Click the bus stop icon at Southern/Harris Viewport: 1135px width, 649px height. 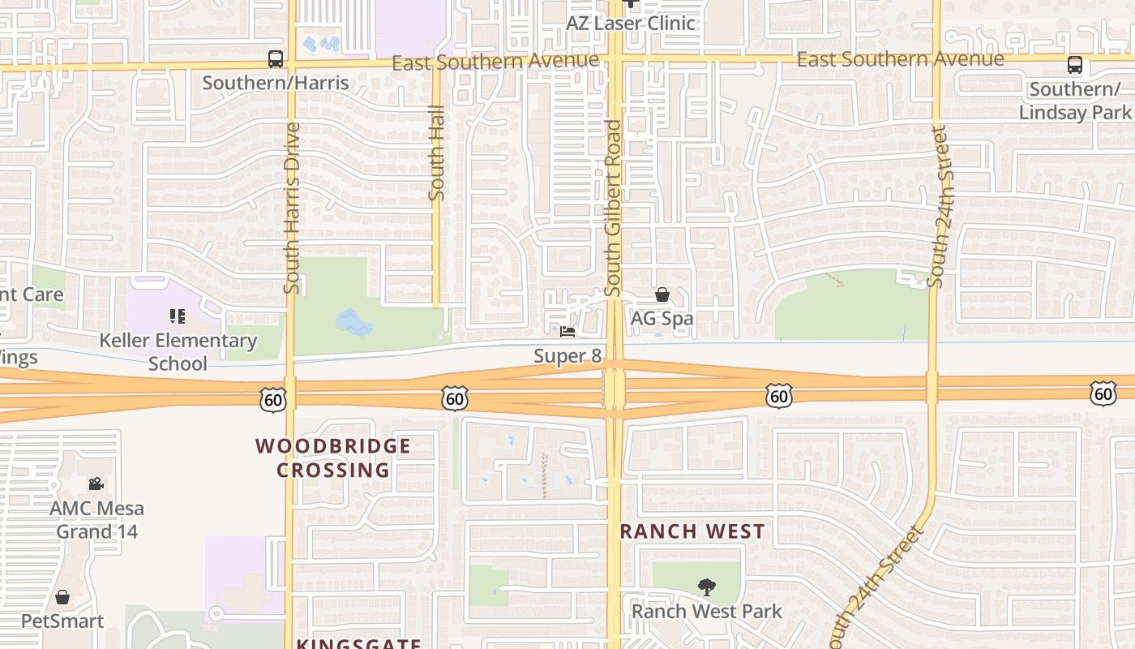point(276,59)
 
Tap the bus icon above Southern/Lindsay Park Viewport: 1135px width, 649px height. point(1075,65)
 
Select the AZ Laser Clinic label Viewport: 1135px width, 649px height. point(630,23)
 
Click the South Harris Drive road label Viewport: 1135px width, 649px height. point(292,208)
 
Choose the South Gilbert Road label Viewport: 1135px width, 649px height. point(613,208)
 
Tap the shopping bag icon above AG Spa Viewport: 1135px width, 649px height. point(662,294)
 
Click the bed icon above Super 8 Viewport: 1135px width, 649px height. point(567,332)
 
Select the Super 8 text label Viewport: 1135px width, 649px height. point(567,356)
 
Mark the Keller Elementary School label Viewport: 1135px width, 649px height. point(178,351)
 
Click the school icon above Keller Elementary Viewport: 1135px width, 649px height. point(177,316)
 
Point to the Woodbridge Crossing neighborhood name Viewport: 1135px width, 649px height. point(333,458)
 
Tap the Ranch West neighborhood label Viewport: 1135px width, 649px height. point(692,531)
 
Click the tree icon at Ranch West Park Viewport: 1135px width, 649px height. point(707,587)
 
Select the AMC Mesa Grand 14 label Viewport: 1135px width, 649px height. point(96,520)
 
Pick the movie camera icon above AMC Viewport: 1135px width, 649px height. point(96,484)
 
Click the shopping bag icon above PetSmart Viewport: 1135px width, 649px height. point(62,598)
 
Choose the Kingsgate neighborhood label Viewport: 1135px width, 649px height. point(358,643)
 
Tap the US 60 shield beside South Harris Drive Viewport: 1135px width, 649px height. point(273,398)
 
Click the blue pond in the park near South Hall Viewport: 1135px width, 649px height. point(353,323)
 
